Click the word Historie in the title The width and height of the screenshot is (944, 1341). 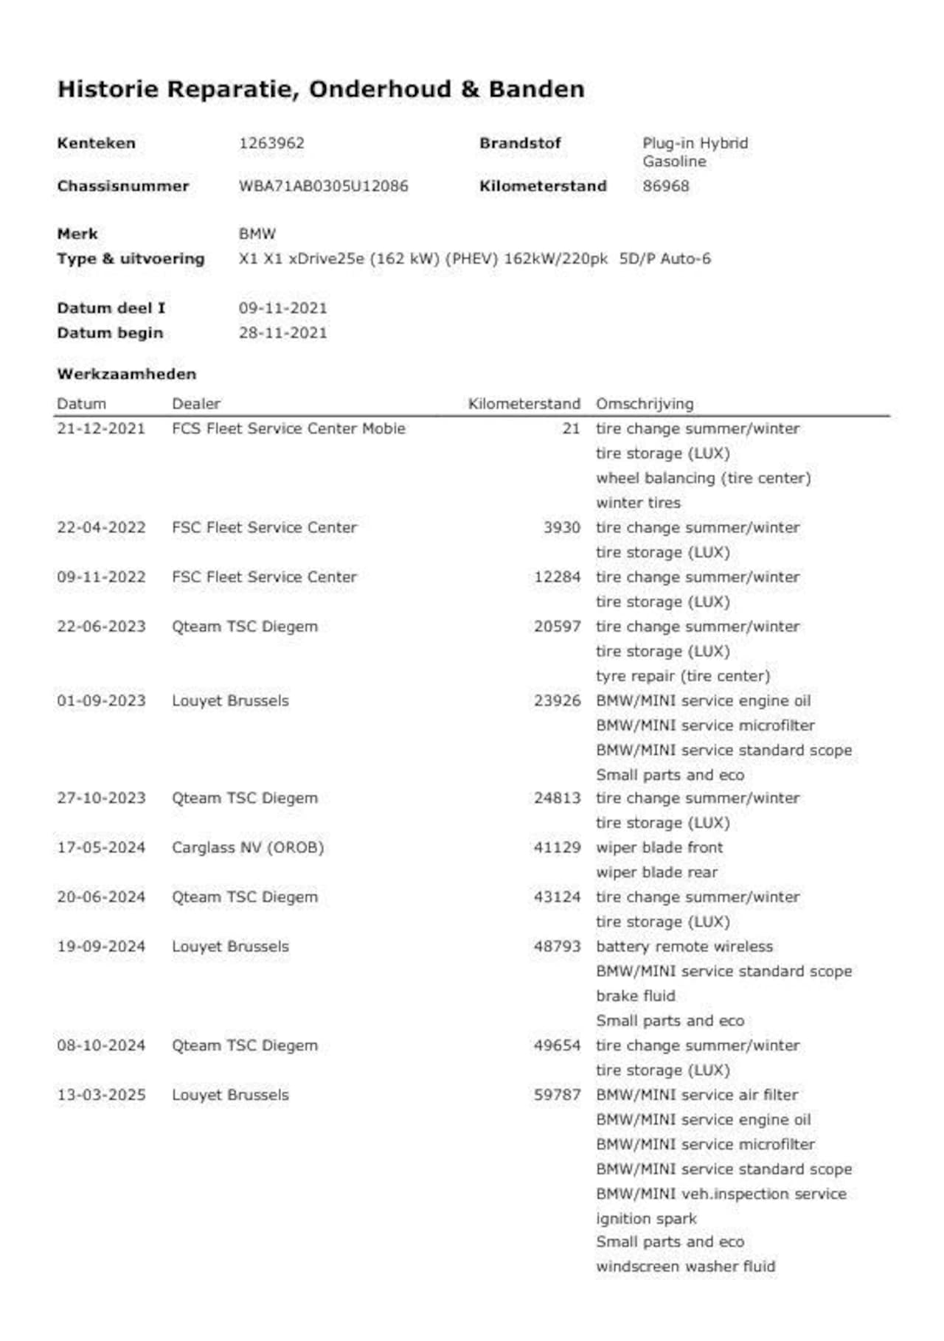(108, 89)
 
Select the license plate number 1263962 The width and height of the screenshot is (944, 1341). (271, 143)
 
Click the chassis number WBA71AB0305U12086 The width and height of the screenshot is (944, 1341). (323, 186)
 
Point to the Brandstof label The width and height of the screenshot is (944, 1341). (520, 143)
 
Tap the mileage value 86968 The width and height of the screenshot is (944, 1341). (665, 186)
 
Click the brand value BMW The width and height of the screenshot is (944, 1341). (257, 234)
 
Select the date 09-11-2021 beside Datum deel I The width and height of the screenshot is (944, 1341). (282, 308)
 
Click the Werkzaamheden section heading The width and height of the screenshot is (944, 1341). (126, 374)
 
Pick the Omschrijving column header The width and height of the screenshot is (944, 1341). (644, 404)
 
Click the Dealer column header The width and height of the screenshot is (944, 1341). (196, 404)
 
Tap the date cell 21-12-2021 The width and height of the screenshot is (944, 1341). (101, 428)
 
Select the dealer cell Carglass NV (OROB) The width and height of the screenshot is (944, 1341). (248, 848)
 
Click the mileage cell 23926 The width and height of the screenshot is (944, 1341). (557, 700)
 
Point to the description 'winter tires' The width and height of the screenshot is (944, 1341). (638, 503)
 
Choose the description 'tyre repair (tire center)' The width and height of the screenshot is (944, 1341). (682, 676)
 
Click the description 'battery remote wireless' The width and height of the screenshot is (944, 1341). (684, 947)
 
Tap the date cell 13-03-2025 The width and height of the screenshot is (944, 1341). (101, 1095)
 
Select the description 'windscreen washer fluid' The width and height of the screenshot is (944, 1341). (685, 1267)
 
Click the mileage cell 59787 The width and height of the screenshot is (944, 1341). (557, 1095)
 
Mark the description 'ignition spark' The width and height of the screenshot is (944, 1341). (646, 1219)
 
